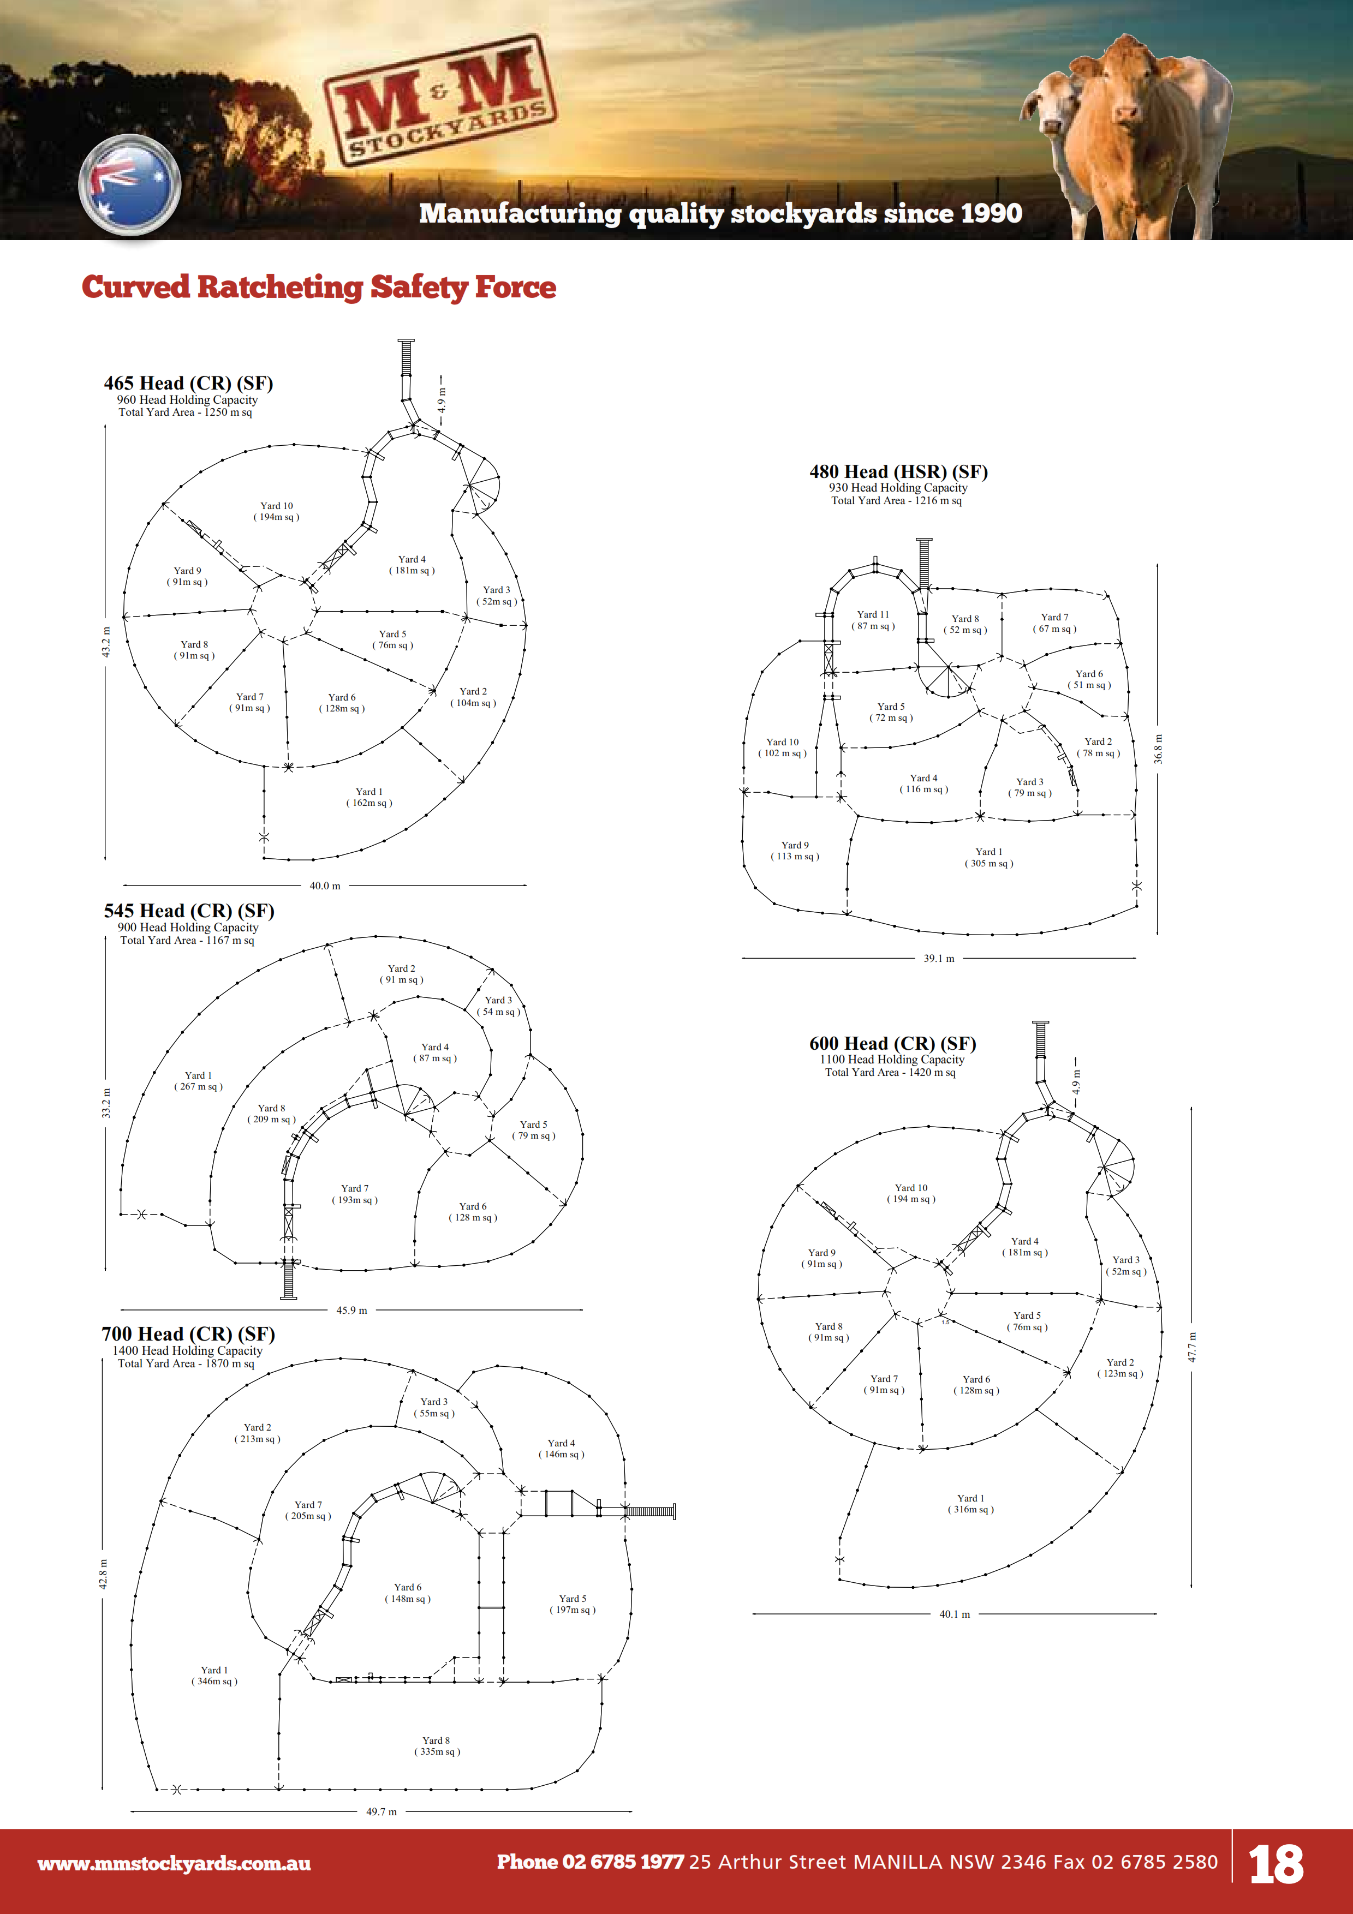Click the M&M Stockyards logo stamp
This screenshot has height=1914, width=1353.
click(439, 100)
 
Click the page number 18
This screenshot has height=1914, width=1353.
click(1275, 1864)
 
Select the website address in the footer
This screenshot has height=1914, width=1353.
click(174, 1863)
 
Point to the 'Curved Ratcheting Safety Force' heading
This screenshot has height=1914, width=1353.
click(318, 287)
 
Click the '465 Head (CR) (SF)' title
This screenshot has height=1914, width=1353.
click(188, 384)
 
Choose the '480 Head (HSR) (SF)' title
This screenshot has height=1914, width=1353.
click(898, 472)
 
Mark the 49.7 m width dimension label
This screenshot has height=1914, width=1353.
click(381, 1811)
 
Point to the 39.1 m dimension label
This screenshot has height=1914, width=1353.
click(939, 959)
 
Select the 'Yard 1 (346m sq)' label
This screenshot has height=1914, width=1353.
click(214, 1676)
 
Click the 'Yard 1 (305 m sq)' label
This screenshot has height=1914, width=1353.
click(989, 858)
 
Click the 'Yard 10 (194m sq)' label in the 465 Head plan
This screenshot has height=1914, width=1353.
click(276, 511)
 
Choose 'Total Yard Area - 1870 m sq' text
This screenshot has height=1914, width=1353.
click(186, 1364)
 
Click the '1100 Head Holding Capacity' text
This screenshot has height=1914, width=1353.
click(891, 1060)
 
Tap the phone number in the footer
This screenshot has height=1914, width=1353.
click(590, 1862)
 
